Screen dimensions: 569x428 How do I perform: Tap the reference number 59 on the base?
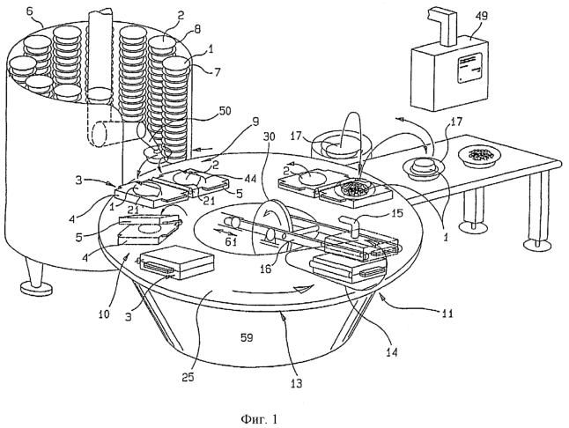pos(247,337)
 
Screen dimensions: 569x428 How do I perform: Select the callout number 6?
pos(29,11)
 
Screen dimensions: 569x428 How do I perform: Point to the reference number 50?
pos(225,111)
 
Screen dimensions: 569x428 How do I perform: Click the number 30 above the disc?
pos(270,137)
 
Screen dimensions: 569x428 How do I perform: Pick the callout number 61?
pos(231,240)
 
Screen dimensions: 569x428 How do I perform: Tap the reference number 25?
pos(188,377)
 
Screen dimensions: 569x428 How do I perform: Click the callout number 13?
pos(297,383)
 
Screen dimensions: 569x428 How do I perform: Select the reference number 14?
pos(392,352)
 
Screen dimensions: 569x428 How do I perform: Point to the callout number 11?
pos(447,313)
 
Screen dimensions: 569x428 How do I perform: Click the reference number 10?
pos(104,314)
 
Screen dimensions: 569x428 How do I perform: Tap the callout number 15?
pos(397,213)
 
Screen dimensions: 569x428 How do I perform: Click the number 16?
pos(266,269)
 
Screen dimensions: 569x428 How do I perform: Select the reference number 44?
pos(249,178)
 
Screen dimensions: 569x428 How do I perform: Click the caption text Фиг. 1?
pos(259,419)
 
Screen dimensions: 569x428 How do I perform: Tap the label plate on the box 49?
pos(469,68)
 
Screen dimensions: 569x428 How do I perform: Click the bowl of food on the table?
pos(480,156)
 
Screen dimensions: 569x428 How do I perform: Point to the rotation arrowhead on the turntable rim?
pos(303,289)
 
